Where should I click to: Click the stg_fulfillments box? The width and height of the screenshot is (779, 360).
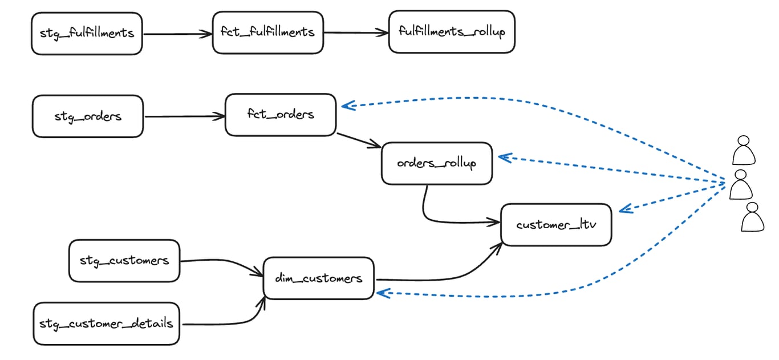(x=87, y=33)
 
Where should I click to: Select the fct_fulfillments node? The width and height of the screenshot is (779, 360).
(x=267, y=32)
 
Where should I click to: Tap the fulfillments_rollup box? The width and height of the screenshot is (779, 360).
(x=451, y=32)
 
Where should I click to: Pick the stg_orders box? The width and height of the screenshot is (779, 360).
(x=88, y=116)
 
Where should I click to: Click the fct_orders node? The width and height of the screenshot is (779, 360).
(x=281, y=115)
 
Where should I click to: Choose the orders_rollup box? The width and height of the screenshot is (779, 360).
(x=436, y=163)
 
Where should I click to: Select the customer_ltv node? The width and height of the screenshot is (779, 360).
(x=556, y=225)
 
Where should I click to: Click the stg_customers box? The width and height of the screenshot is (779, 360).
(x=124, y=261)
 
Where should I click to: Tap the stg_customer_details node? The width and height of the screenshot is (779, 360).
(x=106, y=323)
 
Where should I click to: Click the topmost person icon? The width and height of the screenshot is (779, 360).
(x=744, y=150)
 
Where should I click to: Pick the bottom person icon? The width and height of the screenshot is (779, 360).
(x=752, y=217)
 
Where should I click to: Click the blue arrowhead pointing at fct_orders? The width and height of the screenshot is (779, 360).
(x=348, y=105)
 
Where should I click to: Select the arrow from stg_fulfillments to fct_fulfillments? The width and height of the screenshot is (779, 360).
(x=177, y=34)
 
